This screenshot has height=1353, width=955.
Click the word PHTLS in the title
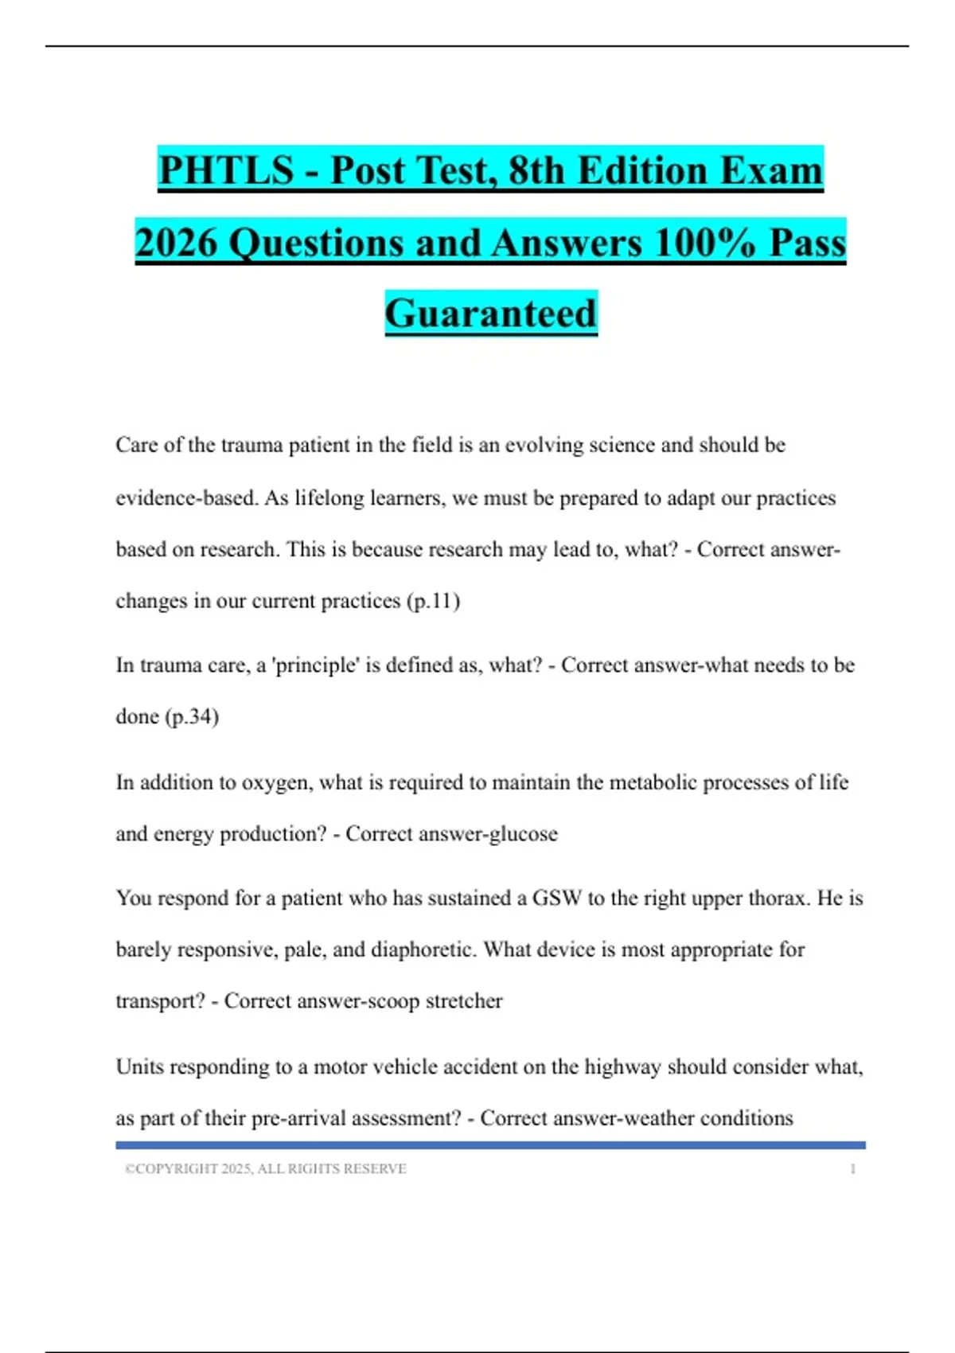coord(226,170)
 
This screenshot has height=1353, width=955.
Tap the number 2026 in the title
coord(176,242)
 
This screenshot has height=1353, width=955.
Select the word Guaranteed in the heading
coord(491,313)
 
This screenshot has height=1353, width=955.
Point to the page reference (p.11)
coord(434,601)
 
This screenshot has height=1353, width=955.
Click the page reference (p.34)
coord(192,716)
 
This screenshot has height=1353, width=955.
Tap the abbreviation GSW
coord(557,899)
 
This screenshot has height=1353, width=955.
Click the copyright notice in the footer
coord(266,1168)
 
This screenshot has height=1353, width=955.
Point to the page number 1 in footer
coord(852,1168)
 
